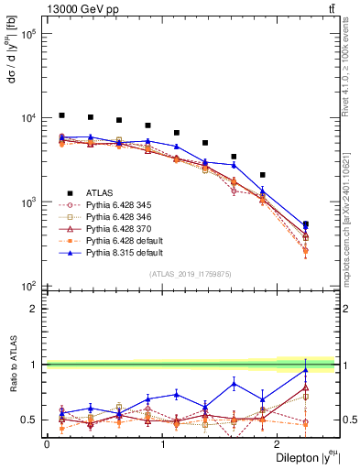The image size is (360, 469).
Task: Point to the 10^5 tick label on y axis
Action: (x=27, y=34)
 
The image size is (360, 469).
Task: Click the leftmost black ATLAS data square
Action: (x=61, y=115)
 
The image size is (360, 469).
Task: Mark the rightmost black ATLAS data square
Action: (x=305, y=224)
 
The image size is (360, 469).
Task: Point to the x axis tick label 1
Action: (x=162, y=443)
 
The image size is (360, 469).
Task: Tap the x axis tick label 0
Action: (x=47, y=443)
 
